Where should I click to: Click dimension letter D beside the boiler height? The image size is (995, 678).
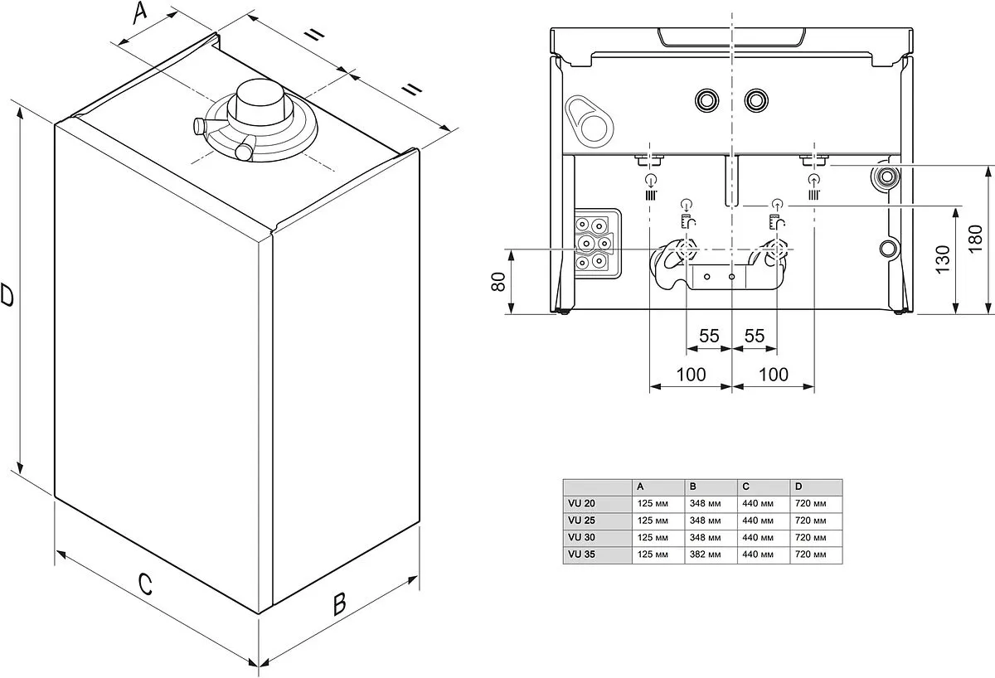pos(7,294)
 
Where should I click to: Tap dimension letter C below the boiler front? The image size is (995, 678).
pos(145,584)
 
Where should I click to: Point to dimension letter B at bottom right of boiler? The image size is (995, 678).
pos(338,604)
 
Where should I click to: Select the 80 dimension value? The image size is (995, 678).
pos(498,282)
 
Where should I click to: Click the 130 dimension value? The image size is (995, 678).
pos(943,259)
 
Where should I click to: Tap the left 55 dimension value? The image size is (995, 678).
pos(709,337)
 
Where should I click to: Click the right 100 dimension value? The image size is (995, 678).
pos(774,375)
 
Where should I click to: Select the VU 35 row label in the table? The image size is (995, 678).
pos(582,555)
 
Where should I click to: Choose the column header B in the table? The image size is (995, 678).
pos(692,487)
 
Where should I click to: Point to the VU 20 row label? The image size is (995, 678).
pos(582,504)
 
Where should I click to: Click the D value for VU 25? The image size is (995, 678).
pos(810,521)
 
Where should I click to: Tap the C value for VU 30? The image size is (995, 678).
pos(757,538)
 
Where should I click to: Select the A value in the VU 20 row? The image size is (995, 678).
pos(652,504)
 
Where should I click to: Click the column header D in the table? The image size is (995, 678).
pos(798,487)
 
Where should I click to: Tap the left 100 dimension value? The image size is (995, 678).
pos(691,375)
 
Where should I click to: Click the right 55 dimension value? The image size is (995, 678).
pos(754,337)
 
